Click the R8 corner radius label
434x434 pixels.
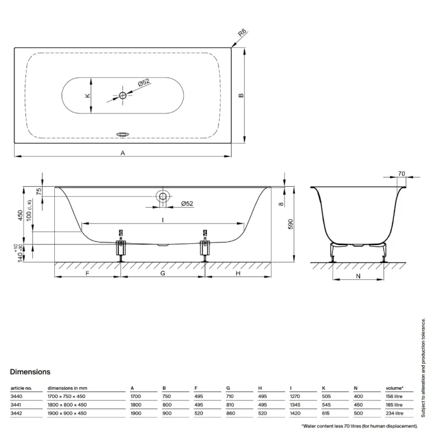point(242,35)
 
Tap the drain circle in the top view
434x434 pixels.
point(123,95)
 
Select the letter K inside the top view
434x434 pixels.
point(87,95)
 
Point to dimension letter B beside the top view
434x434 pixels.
point(241,95)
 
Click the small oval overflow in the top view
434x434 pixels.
point(123,134)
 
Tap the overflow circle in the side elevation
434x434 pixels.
point(163,197)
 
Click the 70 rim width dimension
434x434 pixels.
point(401,174)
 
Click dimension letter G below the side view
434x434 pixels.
point(163,273)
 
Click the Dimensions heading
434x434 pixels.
point(30,372)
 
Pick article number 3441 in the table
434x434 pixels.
point(16,404)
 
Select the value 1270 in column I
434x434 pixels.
point(295,396)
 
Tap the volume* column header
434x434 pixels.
point(394,388)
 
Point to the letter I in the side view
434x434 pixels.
point(163,220)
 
